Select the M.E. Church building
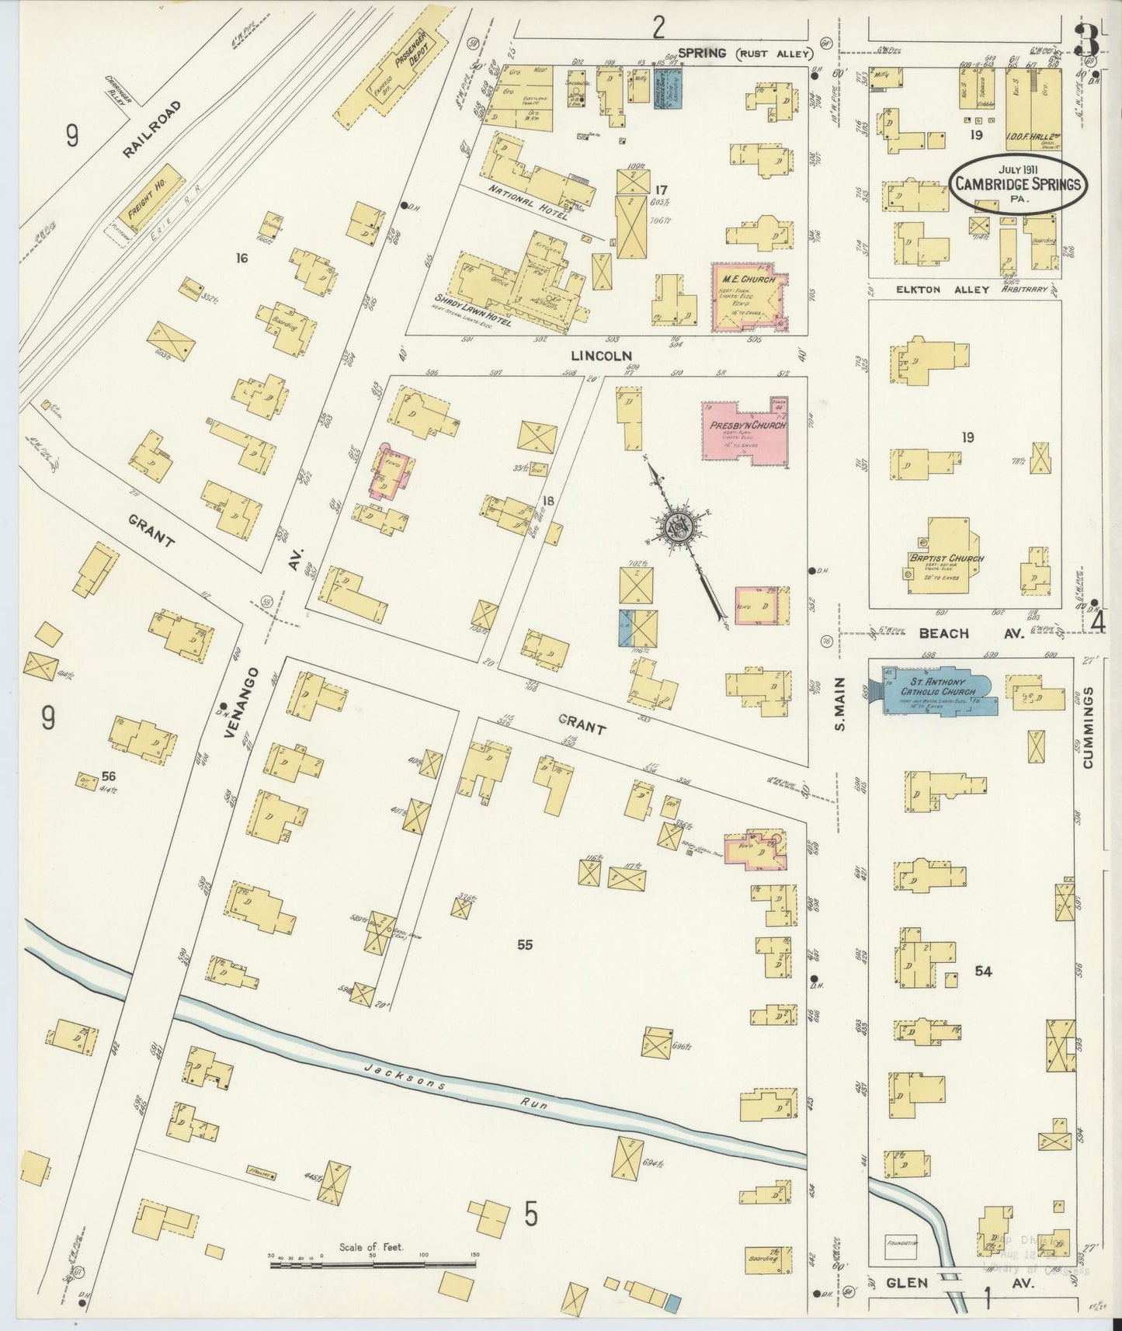748,299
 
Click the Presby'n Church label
747,425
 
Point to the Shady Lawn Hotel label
472,311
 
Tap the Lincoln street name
601,356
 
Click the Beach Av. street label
971,634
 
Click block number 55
525,944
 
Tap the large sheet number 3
1087,40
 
